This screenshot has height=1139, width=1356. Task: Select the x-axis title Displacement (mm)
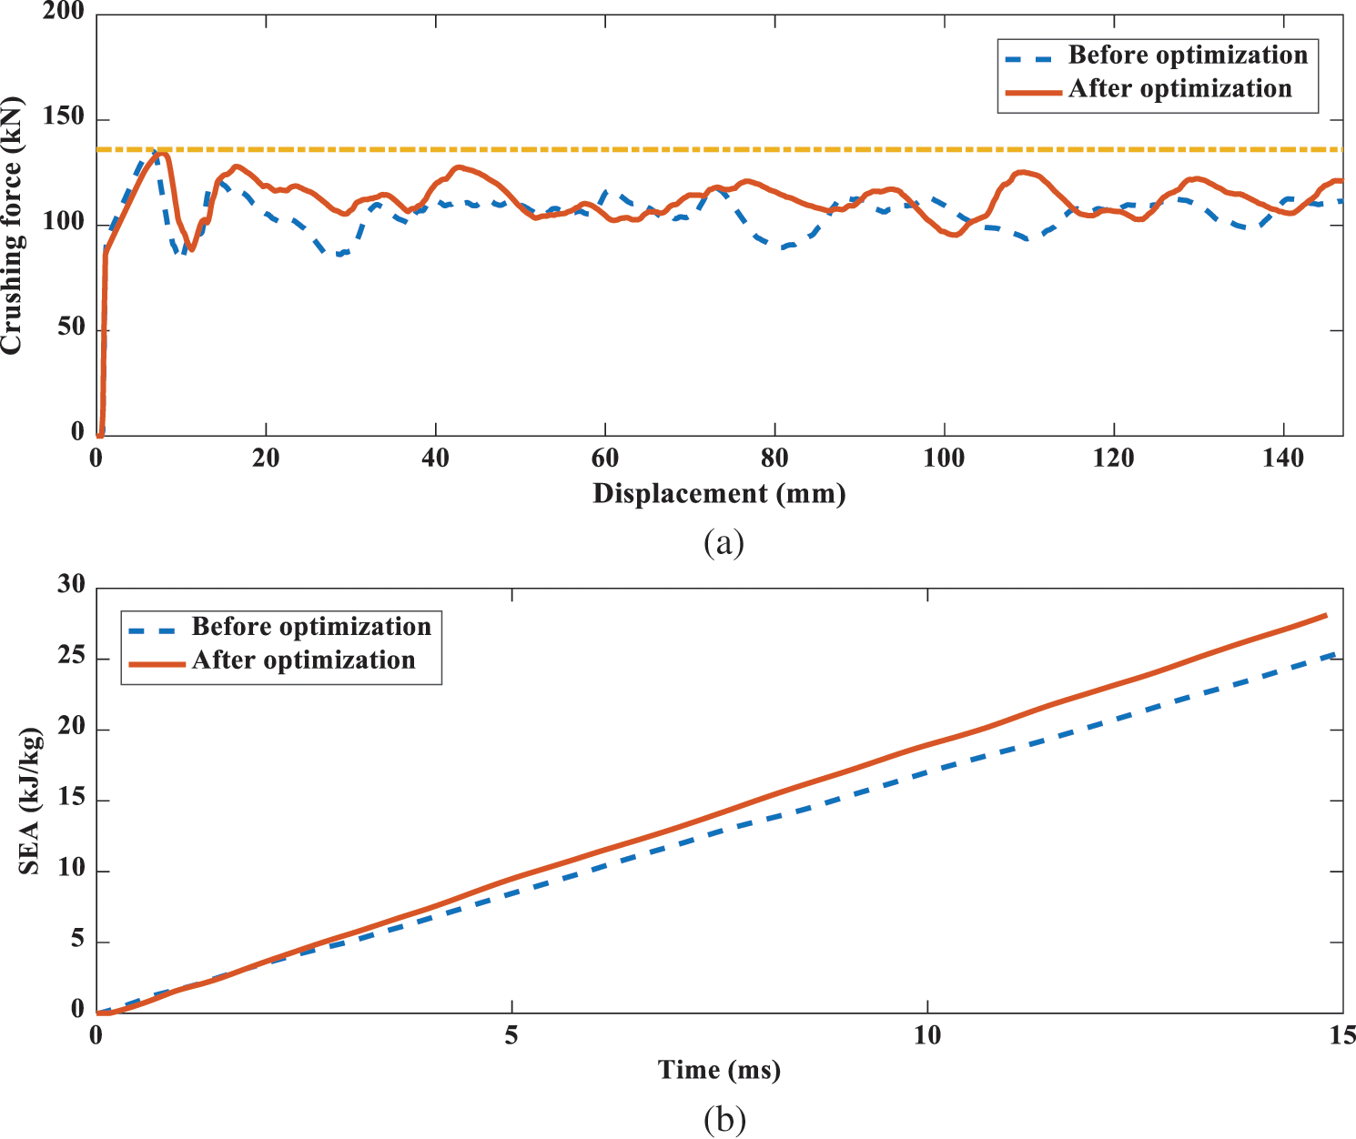(719, 494)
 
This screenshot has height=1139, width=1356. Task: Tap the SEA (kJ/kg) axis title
(30, 801)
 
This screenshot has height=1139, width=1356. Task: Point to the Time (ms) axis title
(719, 1070)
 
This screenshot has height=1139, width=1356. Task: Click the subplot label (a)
(724, 543)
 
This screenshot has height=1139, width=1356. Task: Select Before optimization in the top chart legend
(1188, 55)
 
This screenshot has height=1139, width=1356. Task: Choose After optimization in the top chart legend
(1179, 89)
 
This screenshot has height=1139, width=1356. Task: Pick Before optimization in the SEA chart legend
(310, 627)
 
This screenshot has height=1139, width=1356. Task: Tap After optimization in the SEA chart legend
(303, 660)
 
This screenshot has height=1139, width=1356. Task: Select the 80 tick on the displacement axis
(774, 459)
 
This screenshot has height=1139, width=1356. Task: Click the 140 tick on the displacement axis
(1283, 459)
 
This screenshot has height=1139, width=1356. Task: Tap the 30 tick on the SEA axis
(70, 586)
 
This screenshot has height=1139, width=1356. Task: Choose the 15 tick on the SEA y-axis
(70, 800)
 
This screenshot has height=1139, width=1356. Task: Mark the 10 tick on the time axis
(926, 1035)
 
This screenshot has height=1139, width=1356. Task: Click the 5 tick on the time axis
(511, 1035)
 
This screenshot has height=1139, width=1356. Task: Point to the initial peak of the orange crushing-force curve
(161, 153)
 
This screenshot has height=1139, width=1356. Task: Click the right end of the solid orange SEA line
(1326, 616)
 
